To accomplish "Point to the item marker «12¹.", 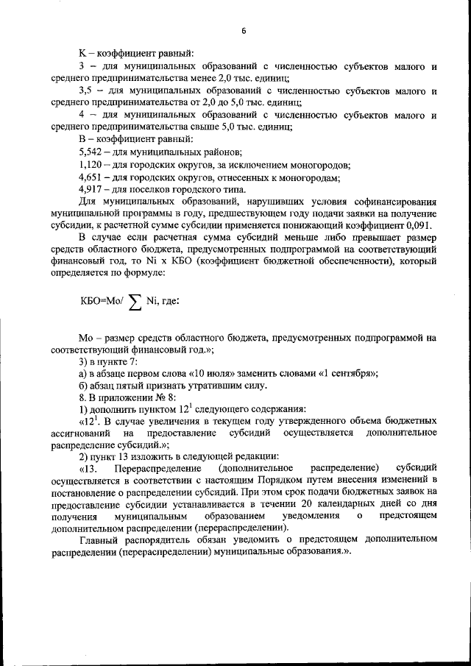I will (x=89, y=421).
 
